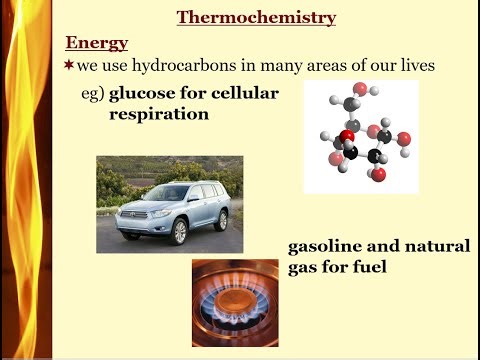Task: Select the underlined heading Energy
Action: [x=96, y=42]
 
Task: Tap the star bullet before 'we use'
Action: [x=70, y=65]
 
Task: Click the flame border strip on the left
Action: [x=25, y=180]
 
